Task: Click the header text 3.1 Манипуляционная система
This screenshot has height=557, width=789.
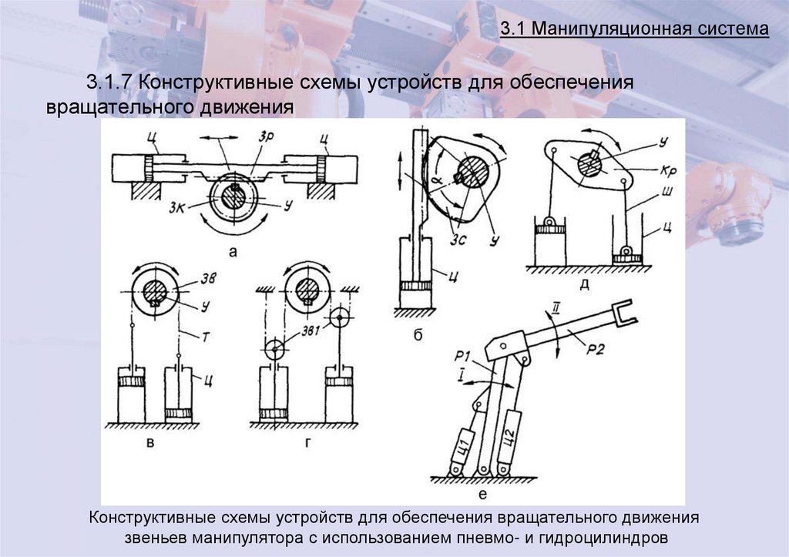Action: coord(634,30)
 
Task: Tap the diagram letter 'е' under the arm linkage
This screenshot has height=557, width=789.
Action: coord(482,495)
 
